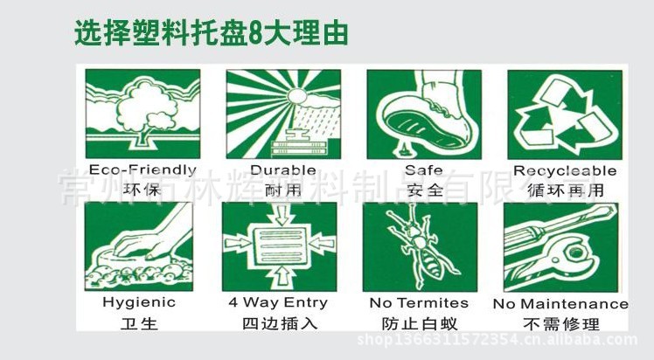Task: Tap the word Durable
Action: pyautogui.click(x=282, y=170)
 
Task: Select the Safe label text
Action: pyautogui.click(x=423, y=170)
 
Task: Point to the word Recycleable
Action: pyautogui.click(x=565, y=170)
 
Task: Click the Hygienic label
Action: pyautogui.click(x=139, y=302)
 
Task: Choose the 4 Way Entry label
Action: pyautogui.click(x=278, y=302)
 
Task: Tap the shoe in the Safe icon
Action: pyautogui.click(x=428, y=109)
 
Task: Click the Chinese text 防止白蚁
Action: pyautogui.click(x=421, y=322)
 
